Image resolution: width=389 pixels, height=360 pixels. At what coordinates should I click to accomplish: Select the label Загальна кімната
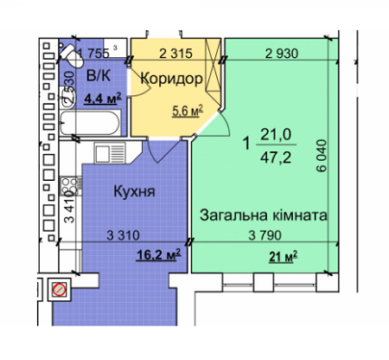coord(263,214)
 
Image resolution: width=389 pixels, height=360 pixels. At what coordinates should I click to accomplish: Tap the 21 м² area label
coord(283,254)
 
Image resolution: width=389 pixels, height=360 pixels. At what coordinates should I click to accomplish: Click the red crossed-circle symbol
coord(58,290)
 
